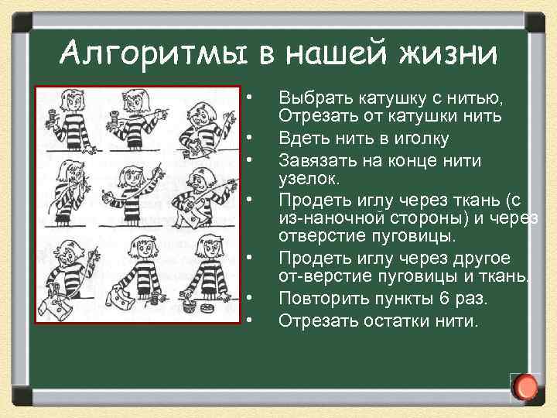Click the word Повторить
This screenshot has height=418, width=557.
click(x=322, y=298)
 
